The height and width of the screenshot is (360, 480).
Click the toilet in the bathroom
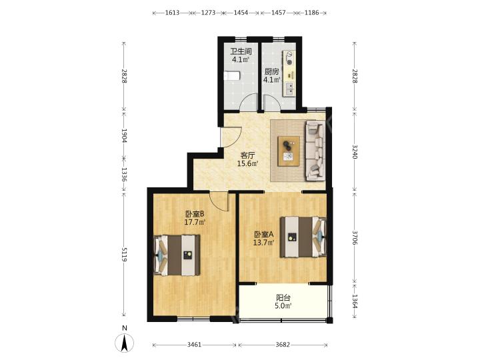[x=231, y=75]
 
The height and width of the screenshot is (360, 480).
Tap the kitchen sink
[x=289, y=89]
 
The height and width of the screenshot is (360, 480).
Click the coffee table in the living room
[x=289, y=151]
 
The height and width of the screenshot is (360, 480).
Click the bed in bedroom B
[x=177, y=255]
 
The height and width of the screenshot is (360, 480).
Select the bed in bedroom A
[x=303, y=237]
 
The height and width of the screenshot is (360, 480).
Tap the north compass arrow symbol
[x=124, y=343]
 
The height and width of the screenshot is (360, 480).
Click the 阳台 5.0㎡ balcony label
[x=283, y=301]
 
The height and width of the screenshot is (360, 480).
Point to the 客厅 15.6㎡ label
[x=248, y=159]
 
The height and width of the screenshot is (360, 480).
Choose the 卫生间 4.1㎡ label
[x=241, y=55]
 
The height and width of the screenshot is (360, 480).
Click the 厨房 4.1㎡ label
[x=272, y=76]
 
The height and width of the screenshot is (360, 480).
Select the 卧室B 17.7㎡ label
[x=195, y=217]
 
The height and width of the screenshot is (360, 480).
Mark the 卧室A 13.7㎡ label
[x=263, y=239]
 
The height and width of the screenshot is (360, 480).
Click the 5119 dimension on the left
[x=124, y=255]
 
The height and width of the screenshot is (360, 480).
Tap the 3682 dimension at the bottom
[x=282, y=345]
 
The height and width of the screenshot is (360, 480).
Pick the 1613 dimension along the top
[x=172, y=13]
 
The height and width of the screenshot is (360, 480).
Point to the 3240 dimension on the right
[x=355, y=151]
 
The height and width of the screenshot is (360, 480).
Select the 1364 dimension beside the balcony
[x=355, y=301]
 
